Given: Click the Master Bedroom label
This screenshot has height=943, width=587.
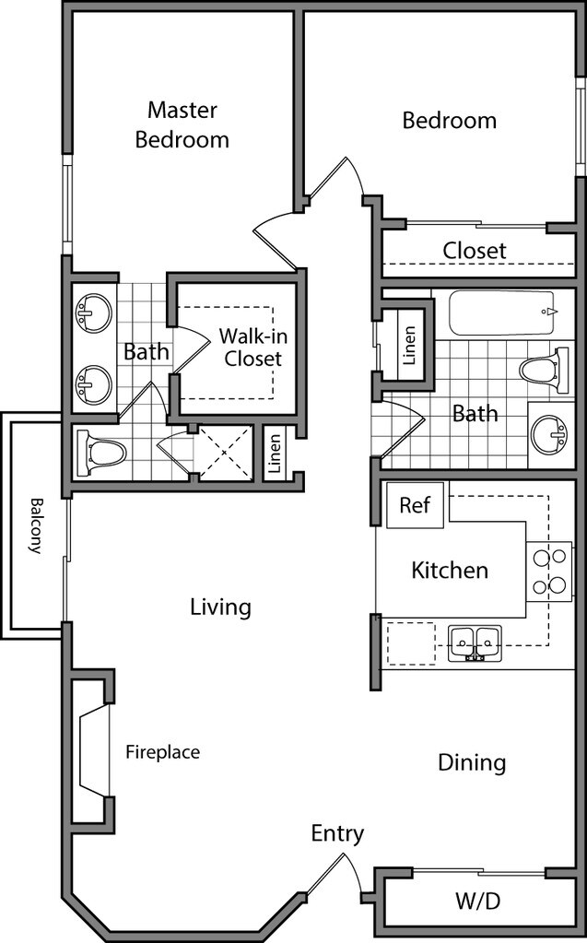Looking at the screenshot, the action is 182,125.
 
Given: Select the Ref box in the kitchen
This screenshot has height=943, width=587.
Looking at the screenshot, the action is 414,506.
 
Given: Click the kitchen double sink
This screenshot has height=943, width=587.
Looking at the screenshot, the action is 475,640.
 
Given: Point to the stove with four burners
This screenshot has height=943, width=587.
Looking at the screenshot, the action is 548,571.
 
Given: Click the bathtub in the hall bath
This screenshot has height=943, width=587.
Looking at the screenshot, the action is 503,312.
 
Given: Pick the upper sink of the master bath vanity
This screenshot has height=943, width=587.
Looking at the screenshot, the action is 94,312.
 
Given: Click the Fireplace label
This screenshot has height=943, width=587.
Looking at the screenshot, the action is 162,752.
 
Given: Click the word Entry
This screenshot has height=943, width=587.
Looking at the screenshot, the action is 337,834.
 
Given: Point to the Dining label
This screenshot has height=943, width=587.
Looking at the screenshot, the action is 472,762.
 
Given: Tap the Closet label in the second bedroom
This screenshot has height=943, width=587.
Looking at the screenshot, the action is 475,250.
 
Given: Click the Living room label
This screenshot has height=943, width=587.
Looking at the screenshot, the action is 220,607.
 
